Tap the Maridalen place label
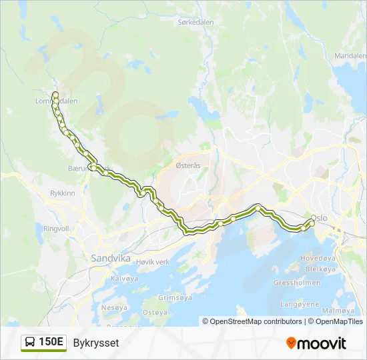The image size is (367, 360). coord(350,55)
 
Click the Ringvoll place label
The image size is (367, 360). coord(56,227)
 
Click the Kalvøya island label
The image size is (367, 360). coord(124,279)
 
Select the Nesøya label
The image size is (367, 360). coord(114,308)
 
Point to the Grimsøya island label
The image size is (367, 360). coord(176,298)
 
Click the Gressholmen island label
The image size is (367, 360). coord(294,283)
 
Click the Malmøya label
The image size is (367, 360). coord(338,311)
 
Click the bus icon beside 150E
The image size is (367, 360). coord(30,343)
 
